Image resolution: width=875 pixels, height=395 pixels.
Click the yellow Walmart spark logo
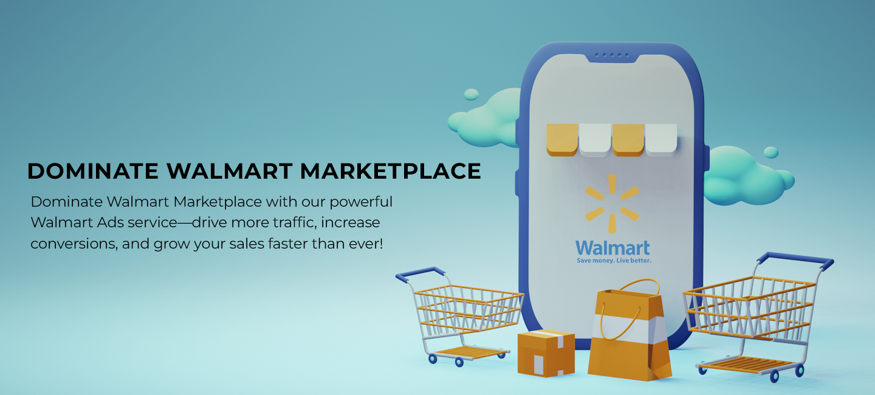612,203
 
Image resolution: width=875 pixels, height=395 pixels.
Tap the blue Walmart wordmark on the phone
612,248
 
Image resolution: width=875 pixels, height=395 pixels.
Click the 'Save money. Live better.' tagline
613,261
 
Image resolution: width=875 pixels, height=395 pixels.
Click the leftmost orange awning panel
562,139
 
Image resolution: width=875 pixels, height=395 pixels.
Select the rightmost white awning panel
661,139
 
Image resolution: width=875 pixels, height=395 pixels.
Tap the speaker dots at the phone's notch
612,55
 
